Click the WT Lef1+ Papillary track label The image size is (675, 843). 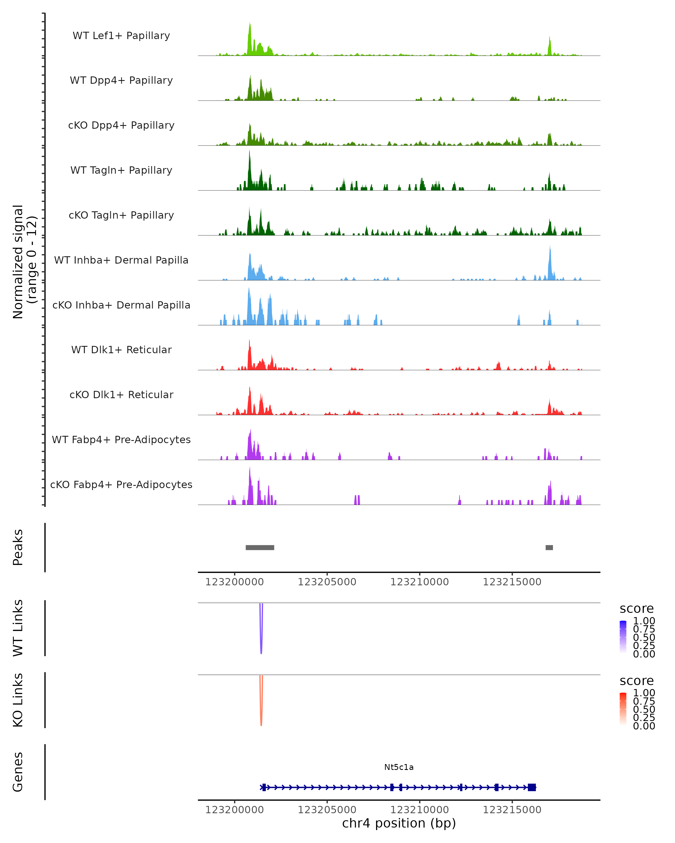[x=121, y=36]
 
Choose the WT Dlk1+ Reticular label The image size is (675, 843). [x=121, y=350]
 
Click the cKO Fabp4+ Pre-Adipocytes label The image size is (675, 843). [x=121, y=484]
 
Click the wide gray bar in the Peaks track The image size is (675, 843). [x=260, y=547]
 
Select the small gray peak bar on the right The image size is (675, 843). [x=549, y=547]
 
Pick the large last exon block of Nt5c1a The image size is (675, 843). [x=531, y=787]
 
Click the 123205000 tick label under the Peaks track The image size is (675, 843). [x=327, y=582]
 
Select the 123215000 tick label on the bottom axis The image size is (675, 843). [x=512, y=810]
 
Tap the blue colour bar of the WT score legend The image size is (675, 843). [x=623, y=637]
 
